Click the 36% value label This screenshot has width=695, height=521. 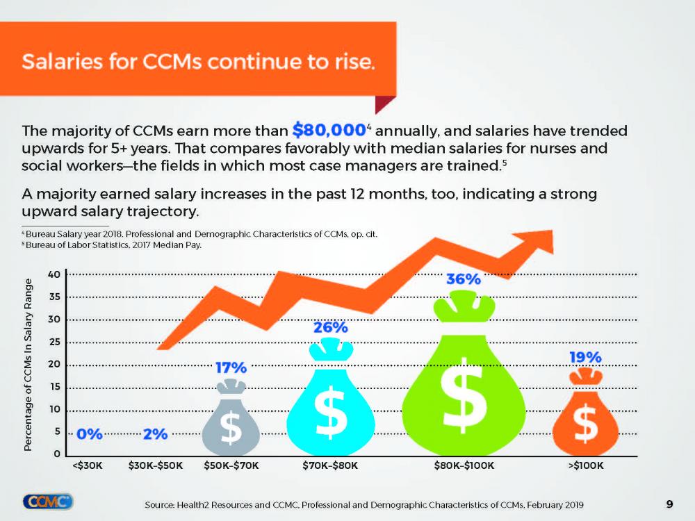463,280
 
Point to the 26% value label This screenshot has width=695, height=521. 330,327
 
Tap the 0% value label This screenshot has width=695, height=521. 90,435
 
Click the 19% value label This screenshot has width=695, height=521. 585,357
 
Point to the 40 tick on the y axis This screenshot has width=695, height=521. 53,274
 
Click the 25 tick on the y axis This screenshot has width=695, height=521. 53,342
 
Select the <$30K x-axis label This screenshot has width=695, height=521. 88,465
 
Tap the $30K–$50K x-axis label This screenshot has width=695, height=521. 156,465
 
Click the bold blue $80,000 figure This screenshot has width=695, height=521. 329,130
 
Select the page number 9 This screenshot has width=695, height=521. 669,504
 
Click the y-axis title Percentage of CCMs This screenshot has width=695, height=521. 29,365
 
